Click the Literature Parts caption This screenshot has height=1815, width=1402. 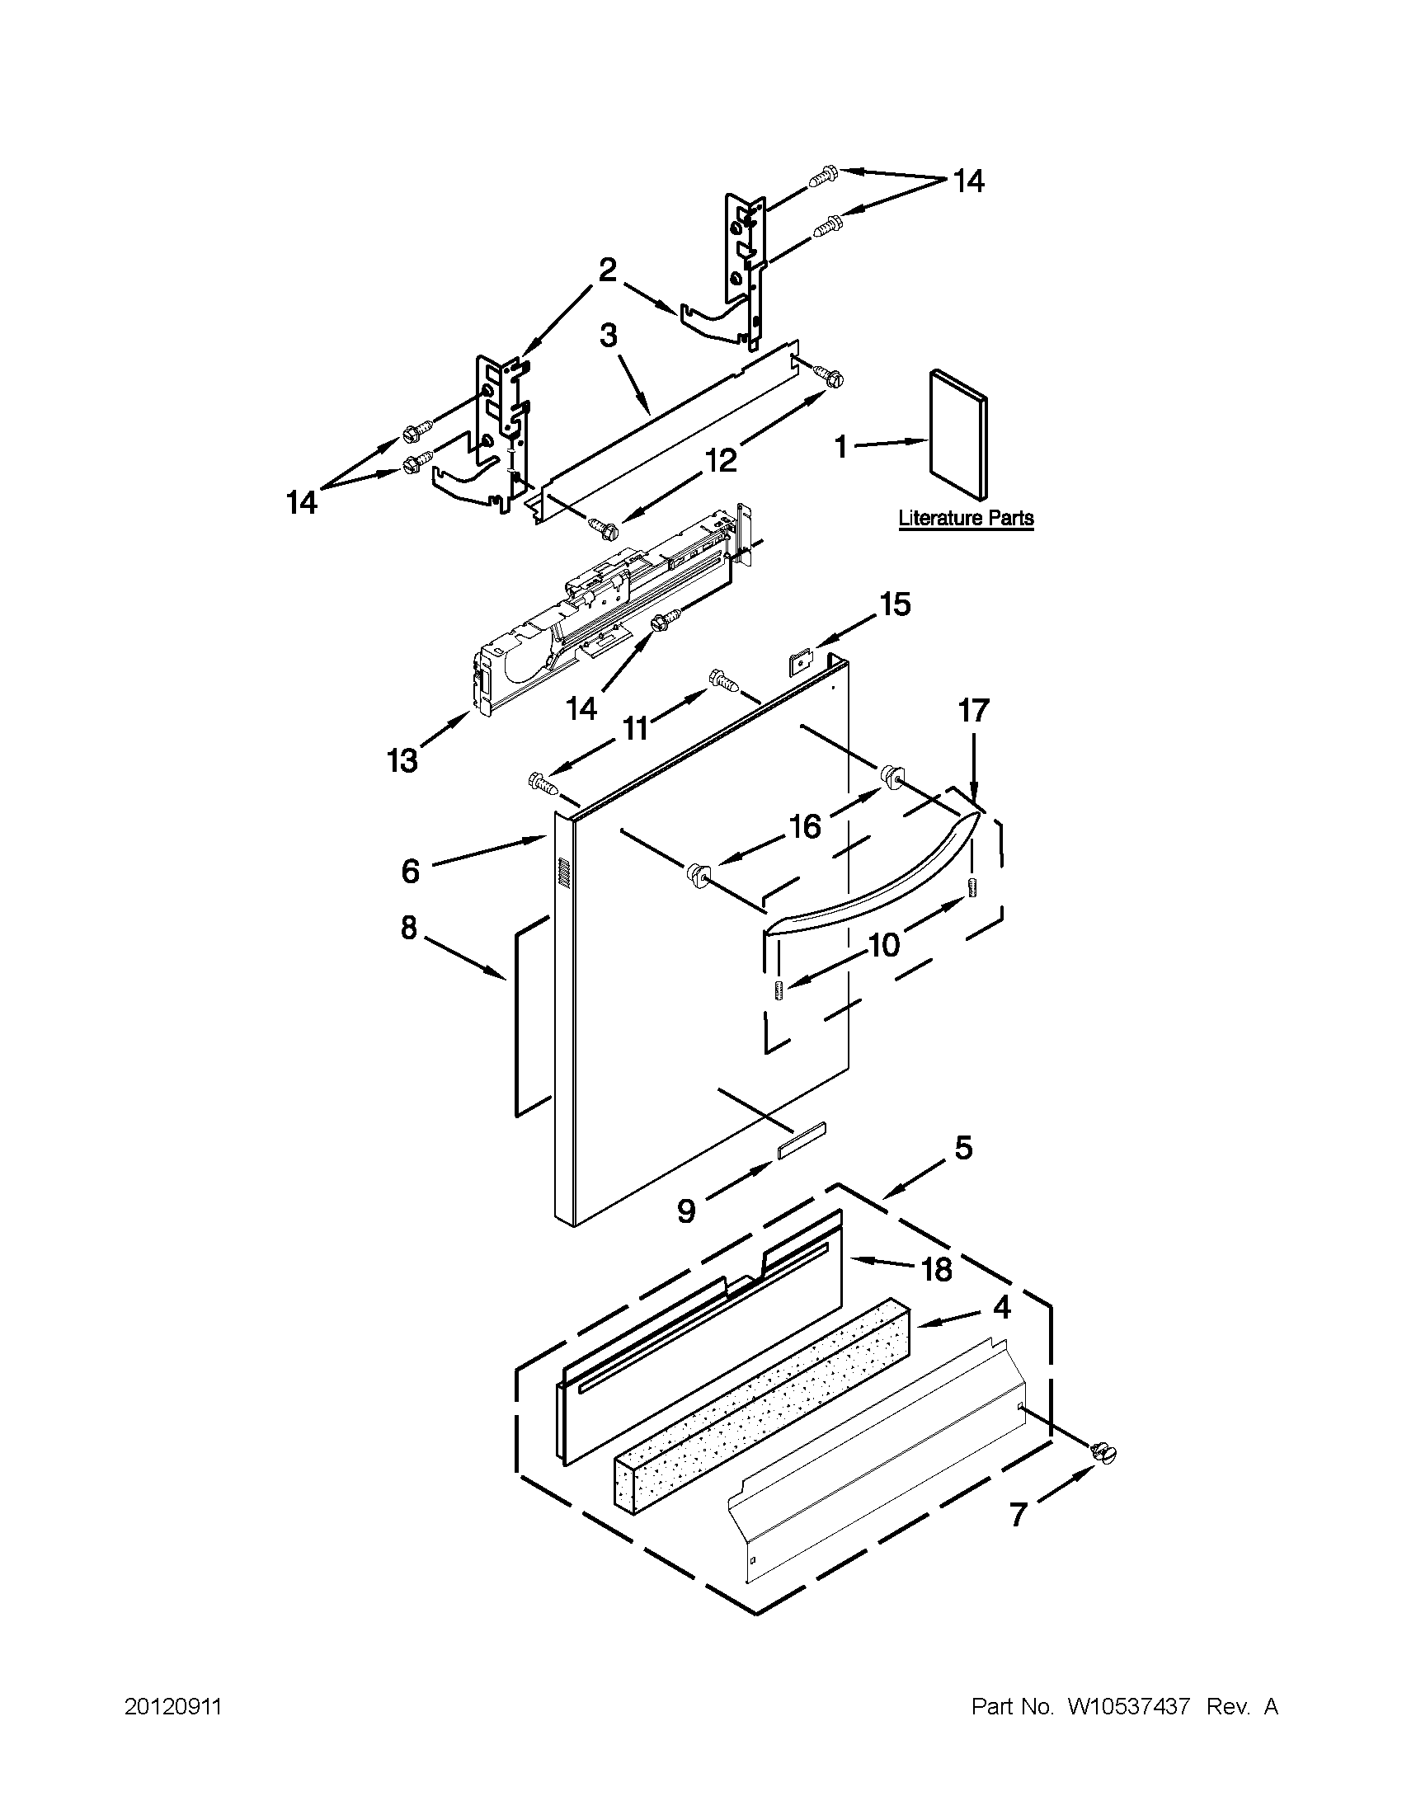(x=966, y=518)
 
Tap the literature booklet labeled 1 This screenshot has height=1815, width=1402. (x=958, y=435)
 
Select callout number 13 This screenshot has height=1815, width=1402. (x=403, y=759)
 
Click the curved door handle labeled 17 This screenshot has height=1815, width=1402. (x=873, y=881)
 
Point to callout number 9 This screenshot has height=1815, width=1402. (x=685, y=1211)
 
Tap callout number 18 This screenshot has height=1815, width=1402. (x=937, y=1270)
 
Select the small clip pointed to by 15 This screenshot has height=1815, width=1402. (x=798, y=662)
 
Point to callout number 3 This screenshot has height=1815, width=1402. (x=609, y=336)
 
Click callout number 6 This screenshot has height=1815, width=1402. (x=410, y=871)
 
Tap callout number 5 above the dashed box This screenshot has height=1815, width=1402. (x=962, y=1149)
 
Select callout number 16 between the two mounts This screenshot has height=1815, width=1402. (x=805, y=826)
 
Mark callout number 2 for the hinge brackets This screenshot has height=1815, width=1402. (x=608, y=270)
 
